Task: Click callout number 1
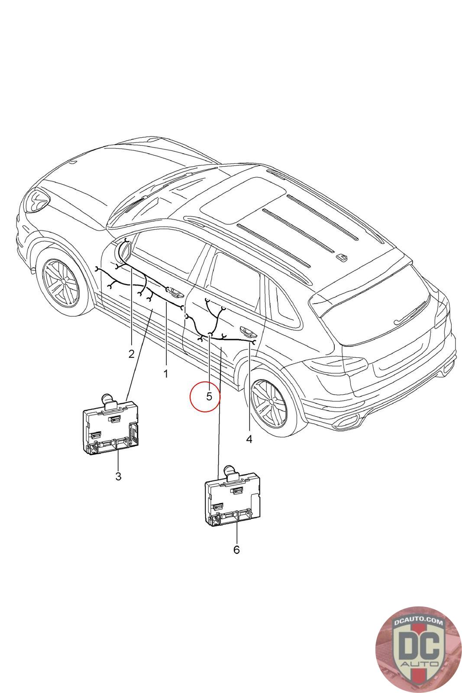point(165,373)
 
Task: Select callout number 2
point(132,354)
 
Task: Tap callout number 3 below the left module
point(118,476)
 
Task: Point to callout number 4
point(249,439)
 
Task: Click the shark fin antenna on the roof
point(342,257)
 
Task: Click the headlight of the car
point(37,201)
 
